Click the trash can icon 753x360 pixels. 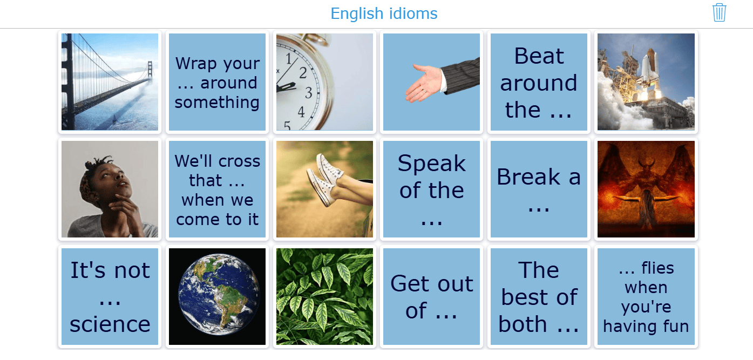click(719, 13)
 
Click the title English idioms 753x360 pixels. click(384, 14)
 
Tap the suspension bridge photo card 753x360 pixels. click(110, 81)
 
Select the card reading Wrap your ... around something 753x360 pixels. click(217, 81)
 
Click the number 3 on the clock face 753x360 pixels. click(308, 93)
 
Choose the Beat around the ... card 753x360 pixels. click(539, 81)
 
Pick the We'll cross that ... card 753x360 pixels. click(217, 189)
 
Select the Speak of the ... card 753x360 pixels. click(432, 189)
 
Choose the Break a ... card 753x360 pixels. click(539, 189)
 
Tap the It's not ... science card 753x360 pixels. click(110, 296)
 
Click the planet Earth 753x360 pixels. click(219, 295)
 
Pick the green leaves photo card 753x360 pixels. click(324, 296)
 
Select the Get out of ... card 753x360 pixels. click(432, 296)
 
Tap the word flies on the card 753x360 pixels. click(657, 268)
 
